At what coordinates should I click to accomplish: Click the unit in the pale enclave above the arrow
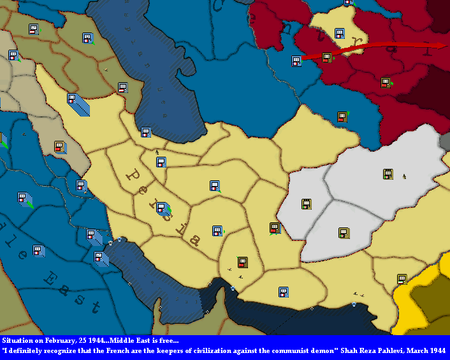pyautogui.click(x=340, y=33)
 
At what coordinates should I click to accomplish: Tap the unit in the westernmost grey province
pyautogui.click(x=307, y=204)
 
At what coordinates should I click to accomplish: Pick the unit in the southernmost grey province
pyautogui.click(x=344, y=233)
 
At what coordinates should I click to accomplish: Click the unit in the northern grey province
pyautogui.click(x=388, y=174)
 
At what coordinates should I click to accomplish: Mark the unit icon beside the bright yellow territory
pyautogui.click(x=402, y=279)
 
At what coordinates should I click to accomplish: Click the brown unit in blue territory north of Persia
pyautogui.click(x=342, y=117)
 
